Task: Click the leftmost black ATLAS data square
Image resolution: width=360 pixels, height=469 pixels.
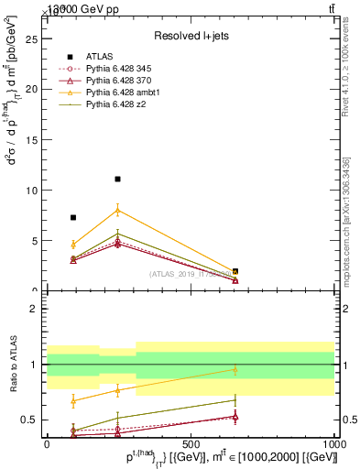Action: pyautogui.click(x=73, y=218)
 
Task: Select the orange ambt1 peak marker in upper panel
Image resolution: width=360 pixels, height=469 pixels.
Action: pyautogui.click(x=117, y=210)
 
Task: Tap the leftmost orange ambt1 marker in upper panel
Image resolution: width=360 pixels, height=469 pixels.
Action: pyautogui.click(x=73, y=245)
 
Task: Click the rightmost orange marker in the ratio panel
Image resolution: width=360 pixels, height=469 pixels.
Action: pyautogui.click(x=235, y=370)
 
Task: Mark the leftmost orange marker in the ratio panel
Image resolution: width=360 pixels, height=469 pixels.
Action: pyautogui.click(x=73, y=400)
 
